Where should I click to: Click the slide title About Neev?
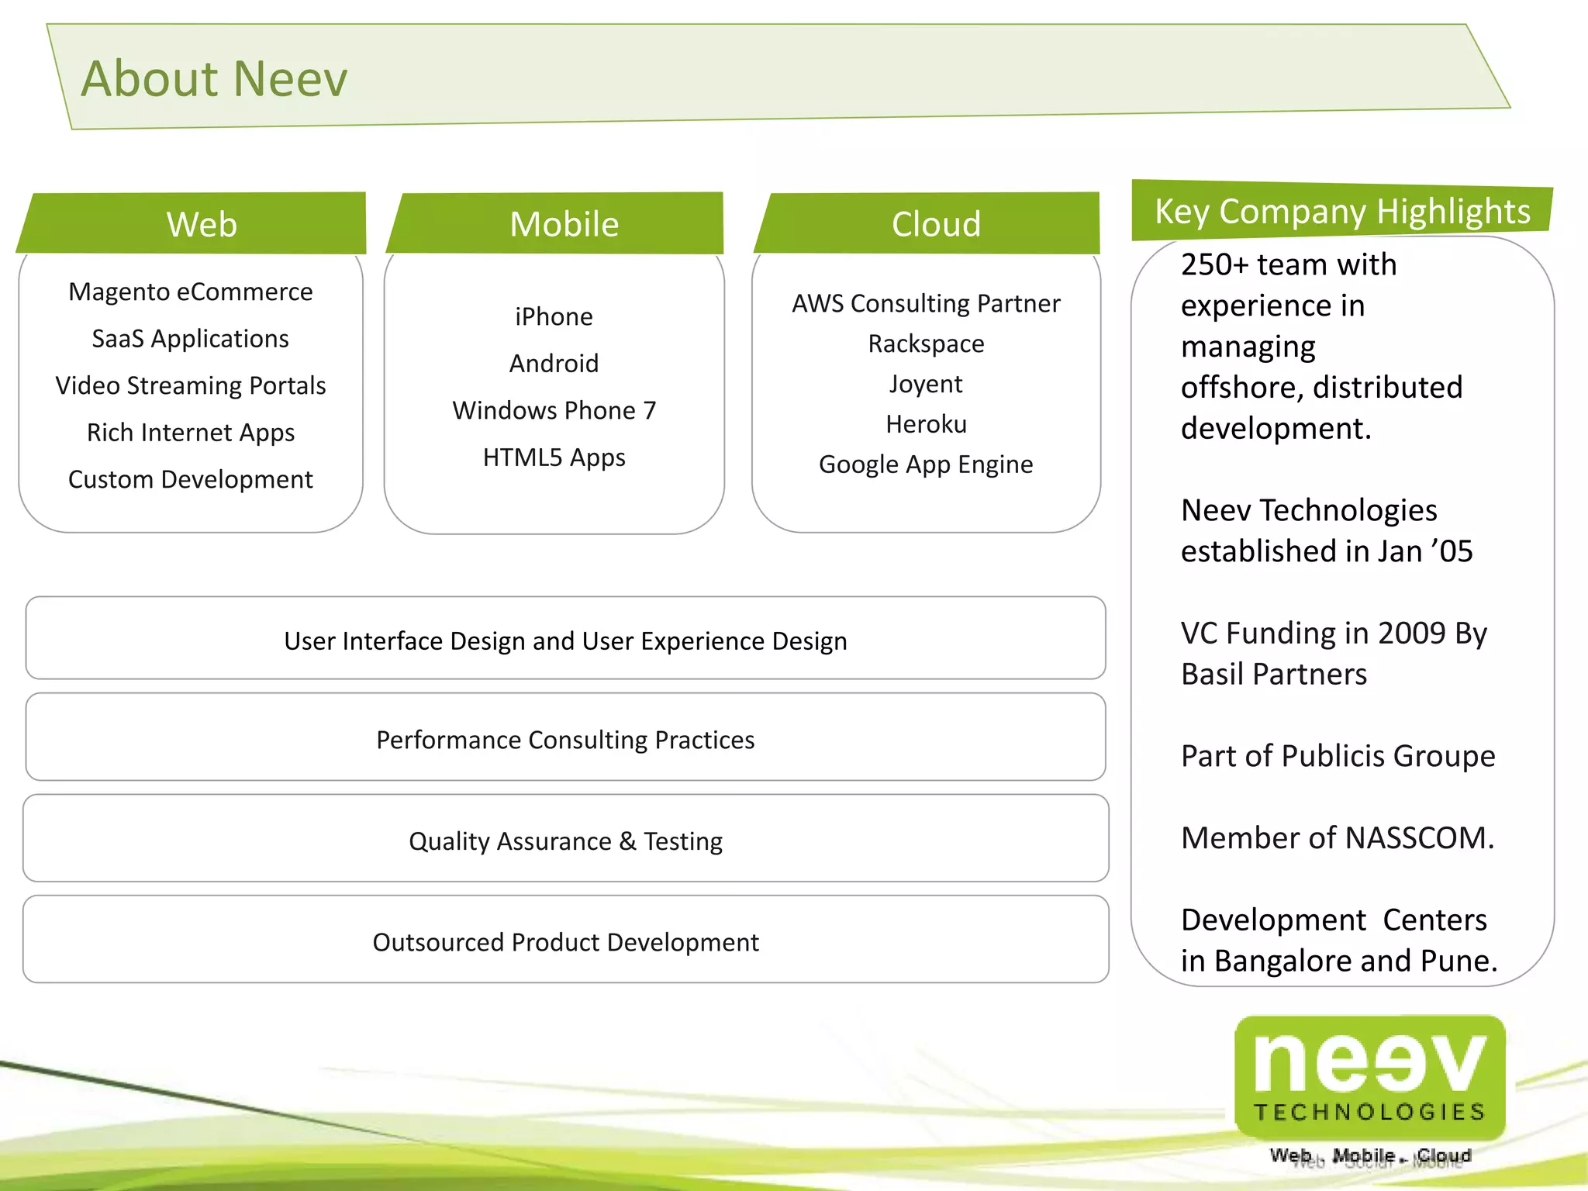tap(215, 79)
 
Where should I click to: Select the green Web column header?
tap(201, 224)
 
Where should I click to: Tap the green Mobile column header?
tap(564, 224)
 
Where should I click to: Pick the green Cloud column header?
tap(936, 224)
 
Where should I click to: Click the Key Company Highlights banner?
tap(1342, 212)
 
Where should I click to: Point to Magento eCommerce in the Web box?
tap(191, 292)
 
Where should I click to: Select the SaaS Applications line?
tap(191, 339)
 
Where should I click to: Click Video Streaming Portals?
tap(191, 385)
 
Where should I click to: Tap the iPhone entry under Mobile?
tap(554, 316)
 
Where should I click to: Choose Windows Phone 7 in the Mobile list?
tap(554, 410)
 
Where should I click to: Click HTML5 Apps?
tap(554, 457)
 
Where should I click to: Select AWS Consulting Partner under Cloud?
tap(926, 303)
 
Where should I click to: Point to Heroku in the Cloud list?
tap(926, 424)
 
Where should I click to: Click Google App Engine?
tap(926, 464)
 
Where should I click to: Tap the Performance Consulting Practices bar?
tap(565, 739)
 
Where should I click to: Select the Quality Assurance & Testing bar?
tap(565, 841)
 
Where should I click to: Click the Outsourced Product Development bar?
tap(565, 941)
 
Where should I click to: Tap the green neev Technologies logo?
tap(1369, 1078)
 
